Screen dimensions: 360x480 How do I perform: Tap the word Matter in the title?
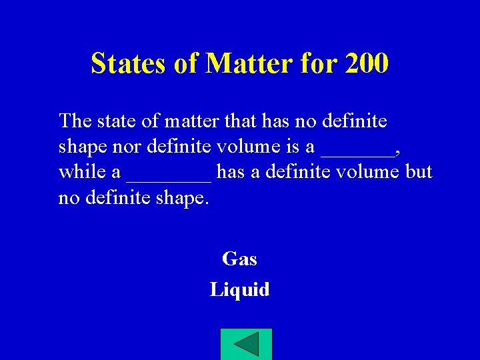pos(246,63)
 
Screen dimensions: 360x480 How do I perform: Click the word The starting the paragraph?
pos(76,121)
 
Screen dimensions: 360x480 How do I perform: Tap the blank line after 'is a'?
pos(357,151)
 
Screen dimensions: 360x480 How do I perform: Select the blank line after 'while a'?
pos(169,176)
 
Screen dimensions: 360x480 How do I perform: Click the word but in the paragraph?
pos(419,172)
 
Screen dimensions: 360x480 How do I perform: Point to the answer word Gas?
pos(239,259)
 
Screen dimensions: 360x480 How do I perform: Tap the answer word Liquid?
pos(239,289)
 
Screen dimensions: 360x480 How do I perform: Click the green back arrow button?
pos(246,344)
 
